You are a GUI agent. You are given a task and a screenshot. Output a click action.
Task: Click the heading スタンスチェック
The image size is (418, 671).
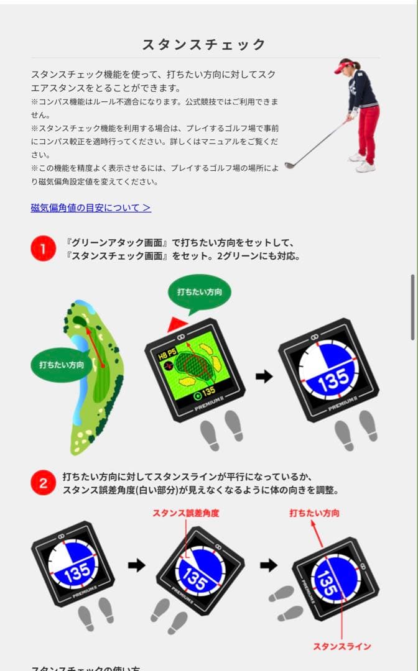click(x=204, y=44)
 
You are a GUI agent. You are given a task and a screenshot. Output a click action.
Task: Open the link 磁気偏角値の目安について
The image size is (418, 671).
click(x=91, y=208)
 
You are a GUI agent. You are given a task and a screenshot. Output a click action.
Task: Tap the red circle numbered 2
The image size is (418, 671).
click(x=43, y=483)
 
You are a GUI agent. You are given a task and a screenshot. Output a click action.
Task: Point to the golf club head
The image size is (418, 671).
click(x=289, y=165)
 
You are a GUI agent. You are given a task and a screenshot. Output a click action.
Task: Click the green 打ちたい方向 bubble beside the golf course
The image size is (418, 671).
click(x=61, y=365)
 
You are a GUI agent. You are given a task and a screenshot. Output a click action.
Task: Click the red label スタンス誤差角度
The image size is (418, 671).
click(x=186, y=513)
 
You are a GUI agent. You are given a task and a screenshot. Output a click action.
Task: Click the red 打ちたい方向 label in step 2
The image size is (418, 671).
click(x=314, y=513)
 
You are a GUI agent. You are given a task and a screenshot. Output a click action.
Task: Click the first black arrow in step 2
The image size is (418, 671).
click(x=136, y=565)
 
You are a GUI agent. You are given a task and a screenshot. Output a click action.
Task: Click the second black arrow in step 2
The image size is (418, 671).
click(x=268, y=565)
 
